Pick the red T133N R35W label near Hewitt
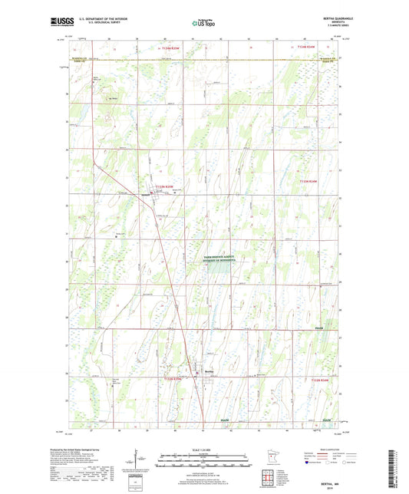click(x=166, y=186)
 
